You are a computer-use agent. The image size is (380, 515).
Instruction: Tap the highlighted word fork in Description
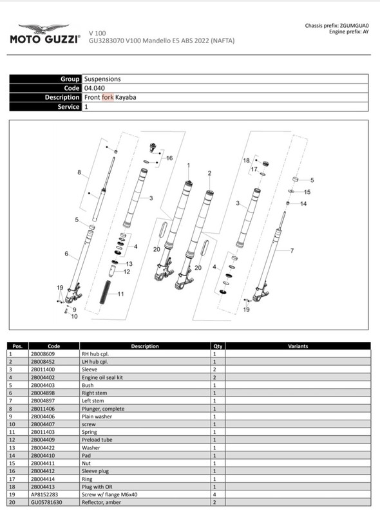108,97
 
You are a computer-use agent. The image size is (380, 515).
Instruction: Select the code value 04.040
94,88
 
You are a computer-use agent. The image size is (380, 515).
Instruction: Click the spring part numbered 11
105,292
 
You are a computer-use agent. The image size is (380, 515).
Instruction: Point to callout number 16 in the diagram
169,158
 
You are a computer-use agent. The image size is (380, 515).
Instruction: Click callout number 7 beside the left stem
292,250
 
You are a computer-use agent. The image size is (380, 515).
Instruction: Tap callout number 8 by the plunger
79,172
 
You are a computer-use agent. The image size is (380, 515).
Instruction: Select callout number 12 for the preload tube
127,272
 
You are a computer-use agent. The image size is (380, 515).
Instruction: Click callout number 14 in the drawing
303,203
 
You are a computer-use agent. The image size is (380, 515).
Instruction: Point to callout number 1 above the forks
188,165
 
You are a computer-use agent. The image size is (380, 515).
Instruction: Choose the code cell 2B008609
43,354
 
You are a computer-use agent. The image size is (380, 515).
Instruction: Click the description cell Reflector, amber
101,502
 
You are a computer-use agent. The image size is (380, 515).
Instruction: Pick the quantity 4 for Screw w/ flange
214,494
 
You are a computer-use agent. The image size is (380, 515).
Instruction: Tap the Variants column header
298,346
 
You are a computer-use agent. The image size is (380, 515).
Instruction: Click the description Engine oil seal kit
102,377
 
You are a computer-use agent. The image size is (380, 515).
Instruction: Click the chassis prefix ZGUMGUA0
354,26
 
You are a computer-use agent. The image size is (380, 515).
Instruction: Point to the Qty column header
218,346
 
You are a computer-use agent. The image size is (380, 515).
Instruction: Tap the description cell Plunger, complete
103,409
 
